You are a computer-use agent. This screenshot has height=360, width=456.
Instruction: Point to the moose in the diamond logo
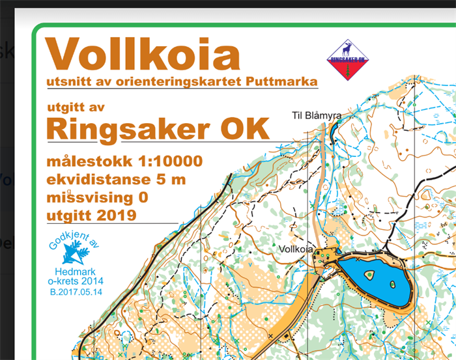coord(348,49)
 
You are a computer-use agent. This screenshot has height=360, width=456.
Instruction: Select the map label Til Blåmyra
coord(316,115)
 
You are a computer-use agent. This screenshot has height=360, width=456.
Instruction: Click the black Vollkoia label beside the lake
coord(296,249)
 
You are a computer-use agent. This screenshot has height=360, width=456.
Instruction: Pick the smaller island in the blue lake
coord(392,284)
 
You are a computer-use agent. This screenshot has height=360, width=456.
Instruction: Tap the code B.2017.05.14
coord(76,292)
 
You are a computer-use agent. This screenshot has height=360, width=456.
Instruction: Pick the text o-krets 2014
coord(76,281)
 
